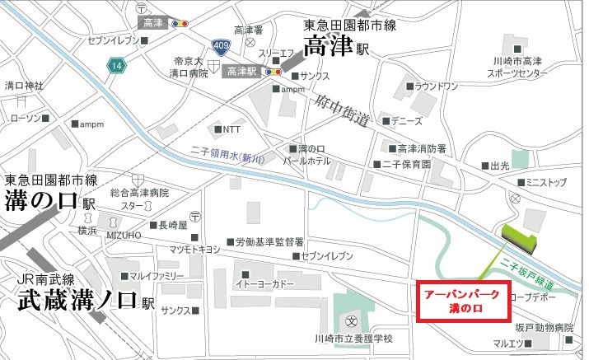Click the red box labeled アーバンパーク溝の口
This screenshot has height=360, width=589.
(x=463, y=302)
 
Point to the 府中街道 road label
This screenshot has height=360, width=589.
(x=341, y=111)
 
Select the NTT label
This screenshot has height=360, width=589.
(x=231, y=130)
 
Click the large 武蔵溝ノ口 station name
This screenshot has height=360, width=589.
(x=77, y=301)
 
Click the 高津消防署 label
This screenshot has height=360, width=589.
(x=421, y=149)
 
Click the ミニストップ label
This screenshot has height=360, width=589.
(x=548, y=181)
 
